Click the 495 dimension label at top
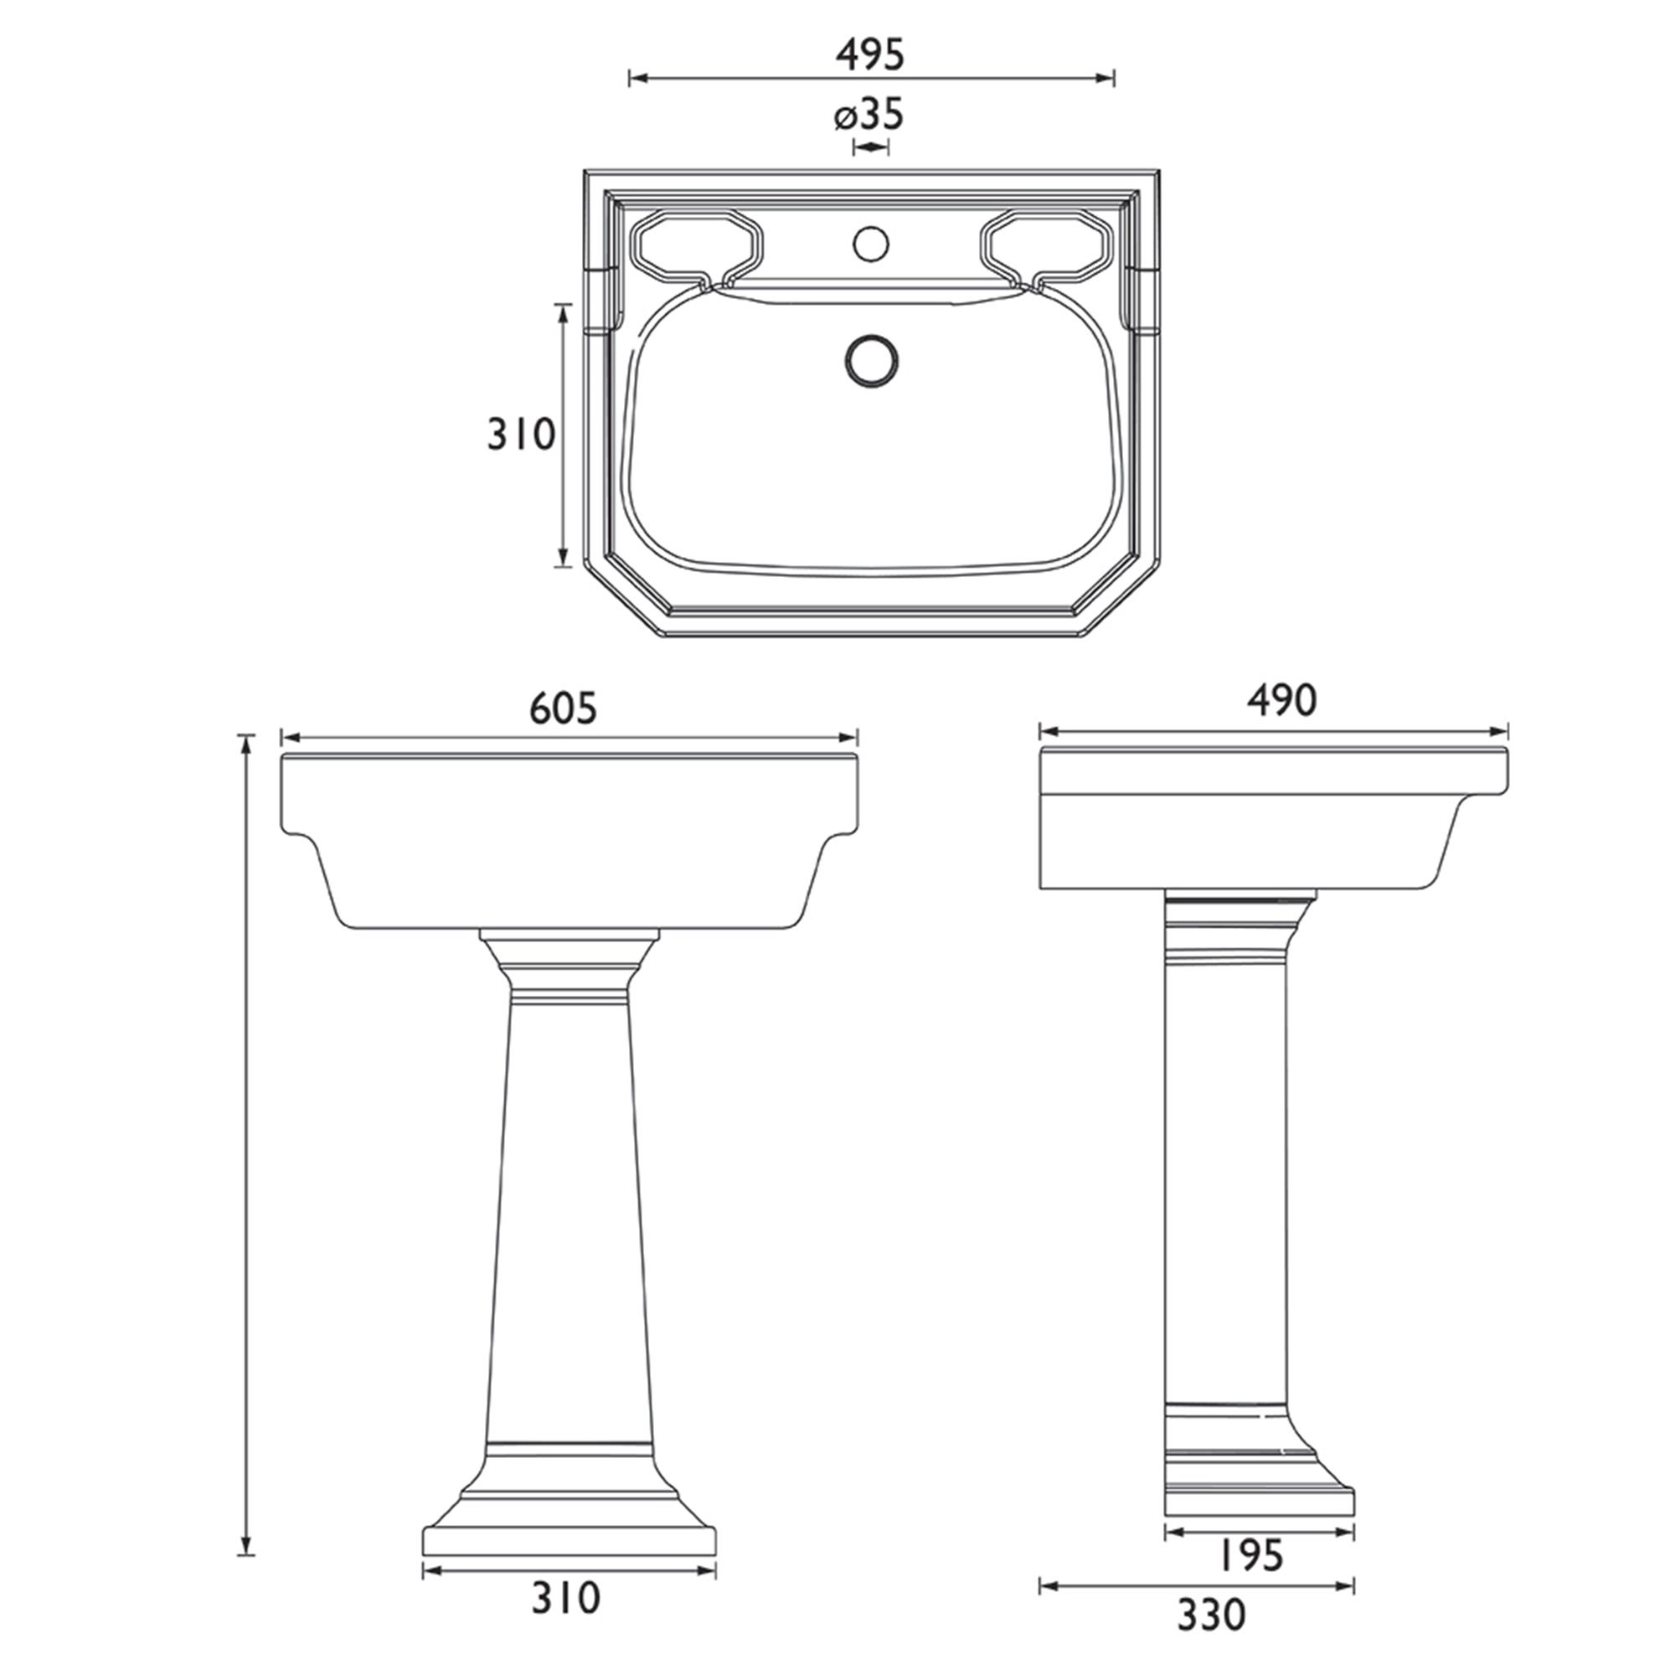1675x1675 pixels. [869, 54]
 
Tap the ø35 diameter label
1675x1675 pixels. [869, 116]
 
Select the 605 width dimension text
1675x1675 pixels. [564, 709]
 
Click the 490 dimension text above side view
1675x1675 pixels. [1282, 700]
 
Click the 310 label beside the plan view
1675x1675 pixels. [520, 435]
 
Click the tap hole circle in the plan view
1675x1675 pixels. [870, 243]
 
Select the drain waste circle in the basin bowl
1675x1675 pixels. [871, 361]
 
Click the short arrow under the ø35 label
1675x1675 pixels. [870, 147]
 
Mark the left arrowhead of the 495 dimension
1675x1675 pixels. [635, 79]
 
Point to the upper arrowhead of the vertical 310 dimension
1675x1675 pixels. [563, 311]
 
